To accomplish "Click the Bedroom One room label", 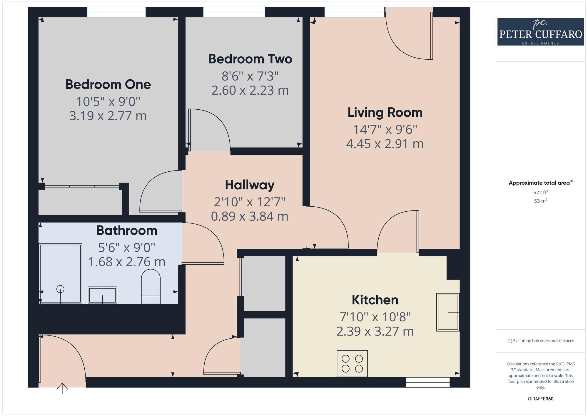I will coord(108,85).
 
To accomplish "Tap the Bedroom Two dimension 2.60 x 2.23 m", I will coord(250,91).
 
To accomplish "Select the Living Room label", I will coord(385,113).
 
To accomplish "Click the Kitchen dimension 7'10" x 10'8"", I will coord(375,317).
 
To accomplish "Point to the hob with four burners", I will coord(352,363).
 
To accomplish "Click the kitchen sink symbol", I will coord(447,312).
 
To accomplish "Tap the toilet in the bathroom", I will coord(151,287).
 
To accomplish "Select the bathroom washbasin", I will coord(102,295).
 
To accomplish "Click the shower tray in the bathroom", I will coord(60,273).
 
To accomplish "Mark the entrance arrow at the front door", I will coord(62,388).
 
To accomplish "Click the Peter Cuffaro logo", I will coord(540,32).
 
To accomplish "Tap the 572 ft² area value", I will coord(540,193).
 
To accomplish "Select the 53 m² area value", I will coord(540,201).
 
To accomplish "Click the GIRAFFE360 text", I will coord(540,399).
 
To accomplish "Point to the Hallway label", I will coord(250,185).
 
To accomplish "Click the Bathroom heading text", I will coord(126,230).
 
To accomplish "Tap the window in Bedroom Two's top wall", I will coord(234,12).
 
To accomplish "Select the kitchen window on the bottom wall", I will coord(428,382).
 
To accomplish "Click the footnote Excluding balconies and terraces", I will coord(540,341).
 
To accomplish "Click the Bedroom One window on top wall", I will coord(116,12).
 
